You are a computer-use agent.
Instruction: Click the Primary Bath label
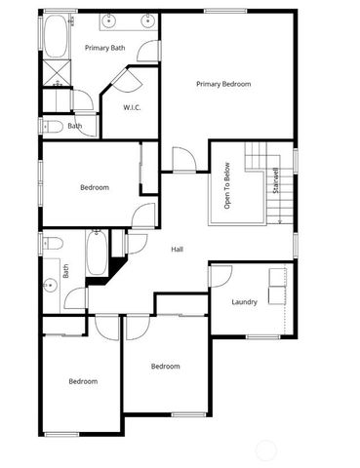(x=104, y=48)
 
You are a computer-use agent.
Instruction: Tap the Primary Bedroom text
(x=223, y=85)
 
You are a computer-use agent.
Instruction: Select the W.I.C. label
(x=132, y=107)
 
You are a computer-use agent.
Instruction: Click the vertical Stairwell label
(x=277, y=182)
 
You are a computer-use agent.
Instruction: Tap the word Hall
(x=177, y=250)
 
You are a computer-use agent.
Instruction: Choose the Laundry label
(x=244, y=301)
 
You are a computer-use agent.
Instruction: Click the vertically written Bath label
(x=66, y=272)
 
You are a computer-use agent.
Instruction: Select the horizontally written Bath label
(x=75, y=126)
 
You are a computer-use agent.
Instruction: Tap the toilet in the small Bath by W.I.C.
(x=51, y=126)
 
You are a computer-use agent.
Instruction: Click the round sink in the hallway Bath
(x=50, y=285)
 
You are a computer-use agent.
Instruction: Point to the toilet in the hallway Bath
(x=52, y=243)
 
